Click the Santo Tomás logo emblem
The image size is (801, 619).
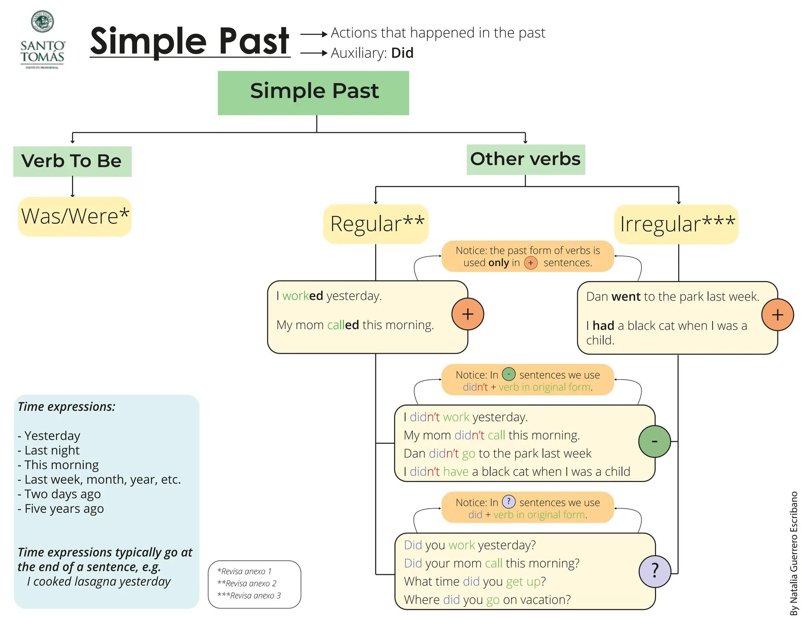[x=42, y=22]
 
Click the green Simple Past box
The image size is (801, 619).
[x=313, y=93]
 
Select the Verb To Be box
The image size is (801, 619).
[x=72, y=161]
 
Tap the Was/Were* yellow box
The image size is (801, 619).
[x=75, y=216]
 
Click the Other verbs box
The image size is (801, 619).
[x=525, y=159]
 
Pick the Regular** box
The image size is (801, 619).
[x=376, y=224]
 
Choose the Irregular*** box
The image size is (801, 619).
[x=676, y=224]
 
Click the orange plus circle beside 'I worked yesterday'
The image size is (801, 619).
[x=467, y=314]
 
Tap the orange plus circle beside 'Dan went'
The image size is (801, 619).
[x=777, y=315]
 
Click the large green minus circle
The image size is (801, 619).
[x=654, y=441]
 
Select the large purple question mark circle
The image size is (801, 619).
[x=655, y=571]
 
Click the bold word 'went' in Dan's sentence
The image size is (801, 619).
[x=626, y=297]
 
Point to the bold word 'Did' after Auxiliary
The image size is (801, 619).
[x=402, y=53]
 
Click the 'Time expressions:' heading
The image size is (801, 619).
[x=66, y=407]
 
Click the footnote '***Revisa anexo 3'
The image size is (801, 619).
[x=249, y=596]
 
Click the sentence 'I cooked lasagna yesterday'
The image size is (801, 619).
[x=99, y=581]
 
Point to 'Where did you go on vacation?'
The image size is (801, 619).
[x=487, y=599]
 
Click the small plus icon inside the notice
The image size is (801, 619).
[x=530, y=263]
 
